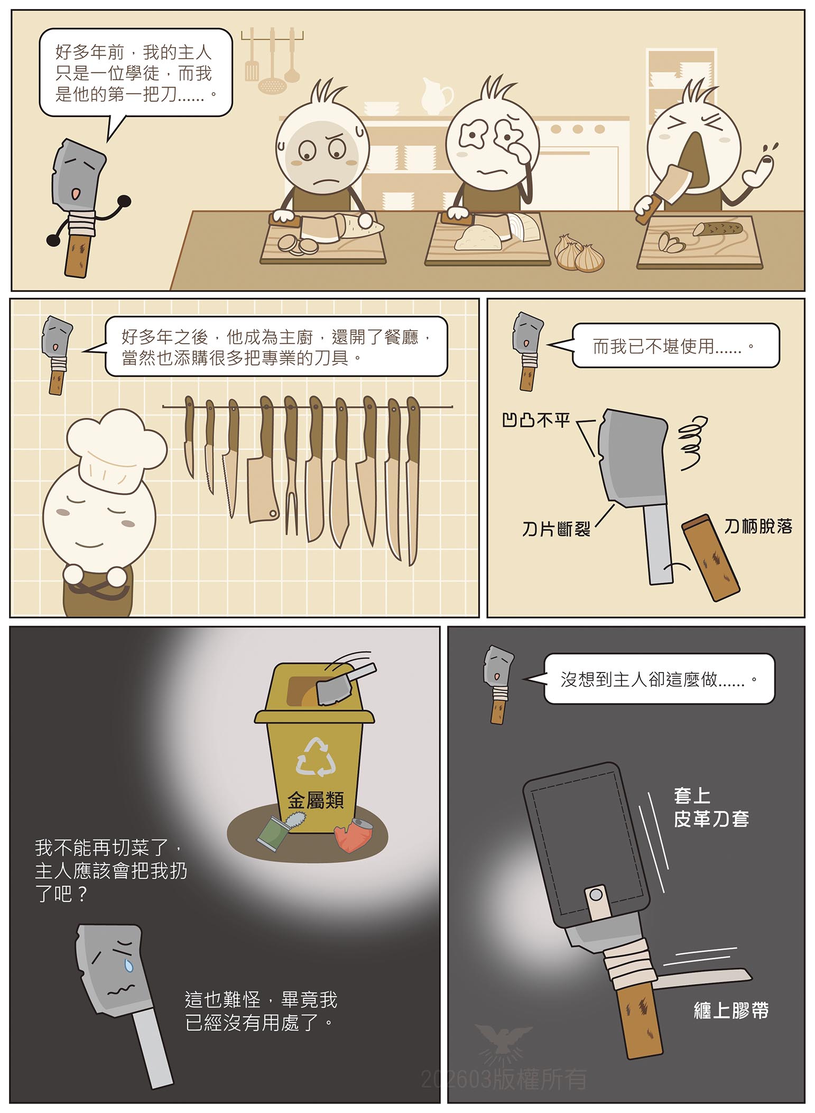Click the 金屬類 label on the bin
pos(316,800)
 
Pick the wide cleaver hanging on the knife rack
pos(263,465)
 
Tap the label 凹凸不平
pos(536,420)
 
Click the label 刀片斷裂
pos(555,528)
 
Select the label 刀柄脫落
pos(758,526)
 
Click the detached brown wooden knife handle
pos(710,558)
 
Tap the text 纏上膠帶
pos(731,1010)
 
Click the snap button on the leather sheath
pos(596,894)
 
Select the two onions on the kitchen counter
pos(579,253)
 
